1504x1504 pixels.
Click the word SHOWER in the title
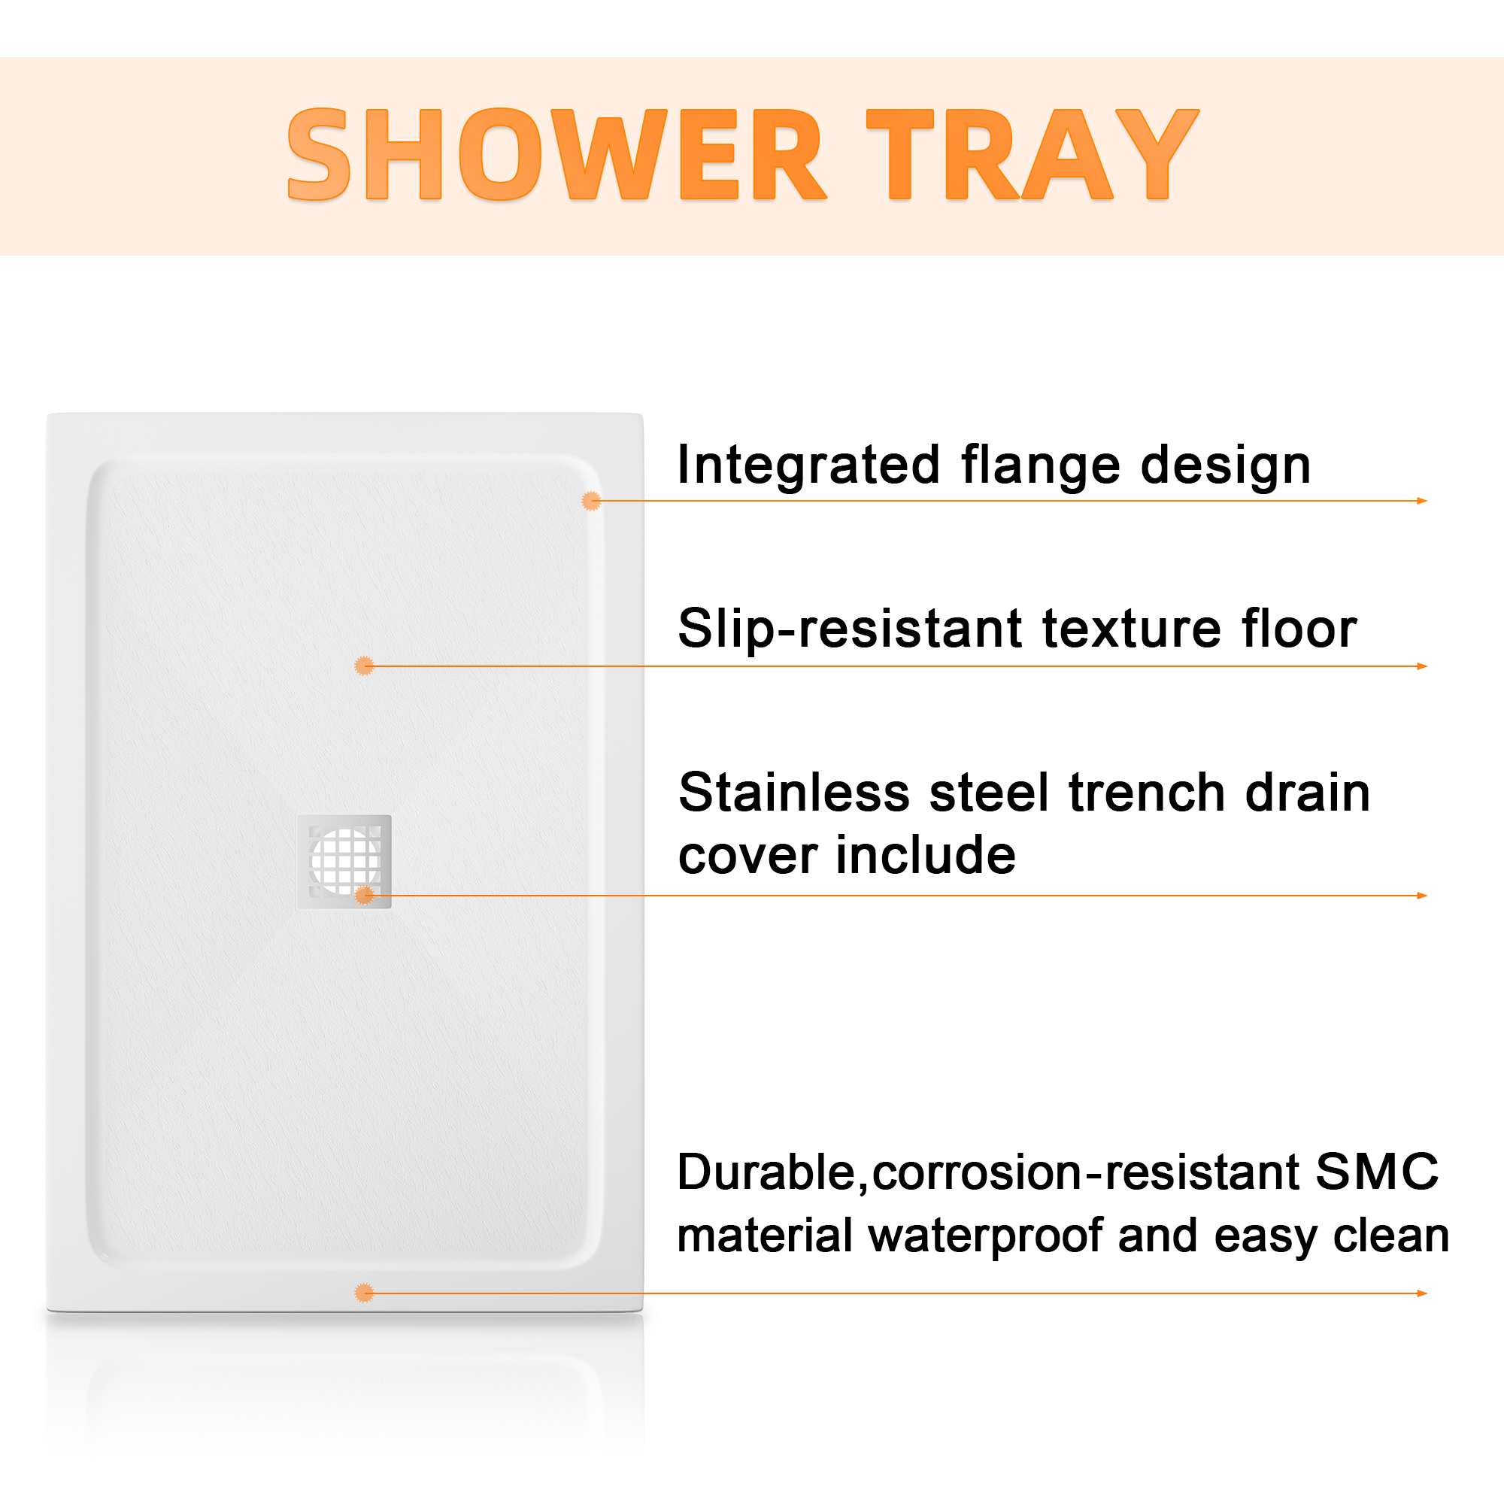556,154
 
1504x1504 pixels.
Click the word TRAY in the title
1032,154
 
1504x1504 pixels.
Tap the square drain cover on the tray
344,862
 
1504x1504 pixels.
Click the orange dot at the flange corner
592,502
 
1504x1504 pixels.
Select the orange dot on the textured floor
364,666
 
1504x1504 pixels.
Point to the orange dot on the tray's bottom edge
364,1293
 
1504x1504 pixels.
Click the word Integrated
809,466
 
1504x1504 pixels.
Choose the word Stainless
794,793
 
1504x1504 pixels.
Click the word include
926,856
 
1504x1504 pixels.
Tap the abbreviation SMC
1377,1172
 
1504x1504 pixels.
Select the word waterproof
986,1236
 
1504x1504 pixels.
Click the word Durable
767,1172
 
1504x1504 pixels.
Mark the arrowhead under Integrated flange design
1421,502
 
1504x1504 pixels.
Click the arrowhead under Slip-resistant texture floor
1421,666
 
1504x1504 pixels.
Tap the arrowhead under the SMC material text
1421,1293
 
